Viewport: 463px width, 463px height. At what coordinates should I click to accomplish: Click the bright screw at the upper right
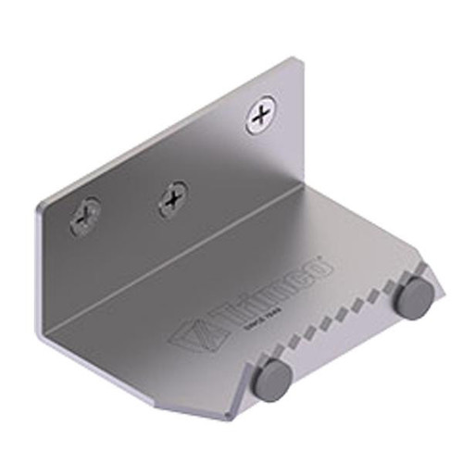(263, 115)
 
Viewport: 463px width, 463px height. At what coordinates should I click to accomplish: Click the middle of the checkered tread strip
(343, 315)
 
